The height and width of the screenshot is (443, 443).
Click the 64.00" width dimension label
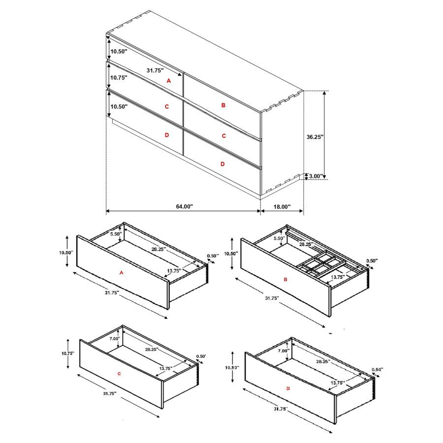[185, 207]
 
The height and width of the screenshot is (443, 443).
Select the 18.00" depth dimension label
[282, 207]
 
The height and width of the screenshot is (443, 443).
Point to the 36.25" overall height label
[314, 137]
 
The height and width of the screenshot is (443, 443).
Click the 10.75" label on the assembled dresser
[119, 78]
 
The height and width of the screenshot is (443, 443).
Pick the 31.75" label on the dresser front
[155, 70]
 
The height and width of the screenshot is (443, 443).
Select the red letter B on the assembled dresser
[223, 105]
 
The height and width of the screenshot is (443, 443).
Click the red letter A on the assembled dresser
[168, 80]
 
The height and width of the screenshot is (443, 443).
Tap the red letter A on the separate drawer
[121, 272]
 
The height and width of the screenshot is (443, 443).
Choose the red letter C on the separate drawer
[119, 374]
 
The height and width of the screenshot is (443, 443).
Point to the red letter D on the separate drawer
[288, 389]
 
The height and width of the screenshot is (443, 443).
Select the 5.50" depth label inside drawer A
[115, 234]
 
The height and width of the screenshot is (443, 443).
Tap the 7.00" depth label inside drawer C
[115, 339]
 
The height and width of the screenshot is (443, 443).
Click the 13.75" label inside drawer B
[338, 277]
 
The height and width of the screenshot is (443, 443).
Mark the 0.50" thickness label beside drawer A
[213, 255]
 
